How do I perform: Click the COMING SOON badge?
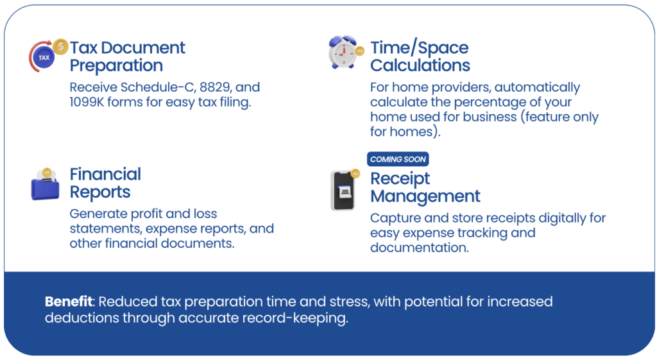pyautogui.click(x=398, y=159)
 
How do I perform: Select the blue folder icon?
pyautogui.click(x=46, y=184)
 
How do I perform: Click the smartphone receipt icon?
pyautogui.click(x=345, y=189)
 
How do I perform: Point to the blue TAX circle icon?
pyautogui.click(x=44, y=58)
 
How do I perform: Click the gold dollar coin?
pyautogui.click(x=61, y=46)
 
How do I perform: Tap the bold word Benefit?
pyautogui.click(x=69, y=302)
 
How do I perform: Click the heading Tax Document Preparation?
pyautogui.click(x=128, y=56)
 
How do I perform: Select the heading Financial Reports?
pyautogui.click(x=105, y=183)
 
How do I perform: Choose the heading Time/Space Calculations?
pyautogui.click(x=420, y=56)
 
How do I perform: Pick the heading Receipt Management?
pyautogui.click(x=425, y=187)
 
